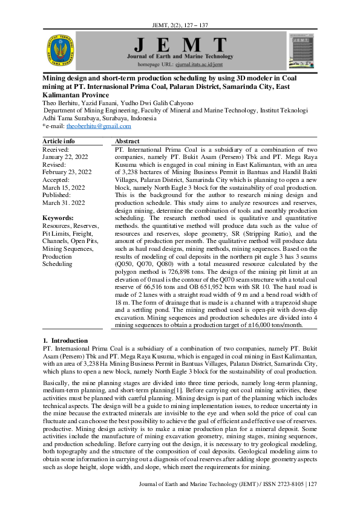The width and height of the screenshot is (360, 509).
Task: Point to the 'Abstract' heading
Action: pyautogui.click(x=127, y=140)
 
